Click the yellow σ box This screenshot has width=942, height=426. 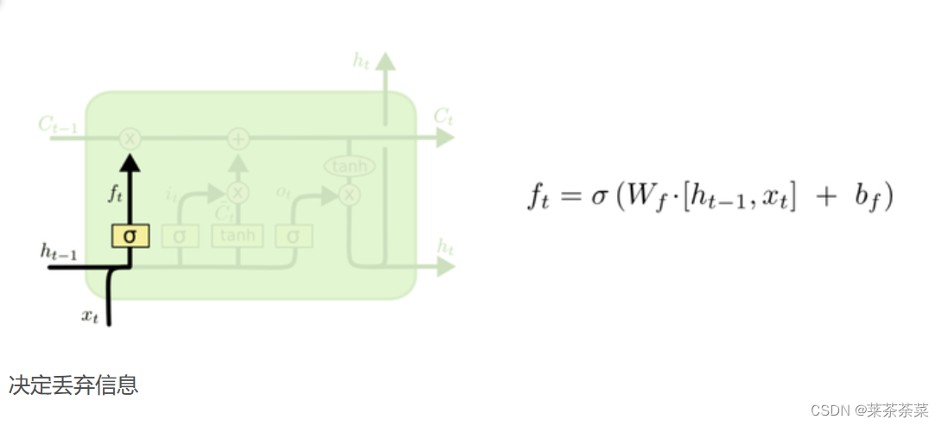130,236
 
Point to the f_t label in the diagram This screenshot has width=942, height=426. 116,194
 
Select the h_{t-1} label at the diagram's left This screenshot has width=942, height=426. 58,251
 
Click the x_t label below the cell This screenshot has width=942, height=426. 90,316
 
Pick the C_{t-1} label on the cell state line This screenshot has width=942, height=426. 59,125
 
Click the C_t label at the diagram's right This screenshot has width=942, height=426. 443,116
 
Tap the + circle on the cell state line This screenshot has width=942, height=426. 238,137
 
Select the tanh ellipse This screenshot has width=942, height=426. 348,166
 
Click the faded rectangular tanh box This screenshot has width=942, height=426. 238,236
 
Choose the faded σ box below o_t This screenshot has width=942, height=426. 294,236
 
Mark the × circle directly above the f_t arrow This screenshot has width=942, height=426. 130,137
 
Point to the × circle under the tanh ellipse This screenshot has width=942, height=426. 348,195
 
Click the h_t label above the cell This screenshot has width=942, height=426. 361,60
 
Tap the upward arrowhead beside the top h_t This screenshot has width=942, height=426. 385,61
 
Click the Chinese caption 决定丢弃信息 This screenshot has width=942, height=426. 73,385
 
